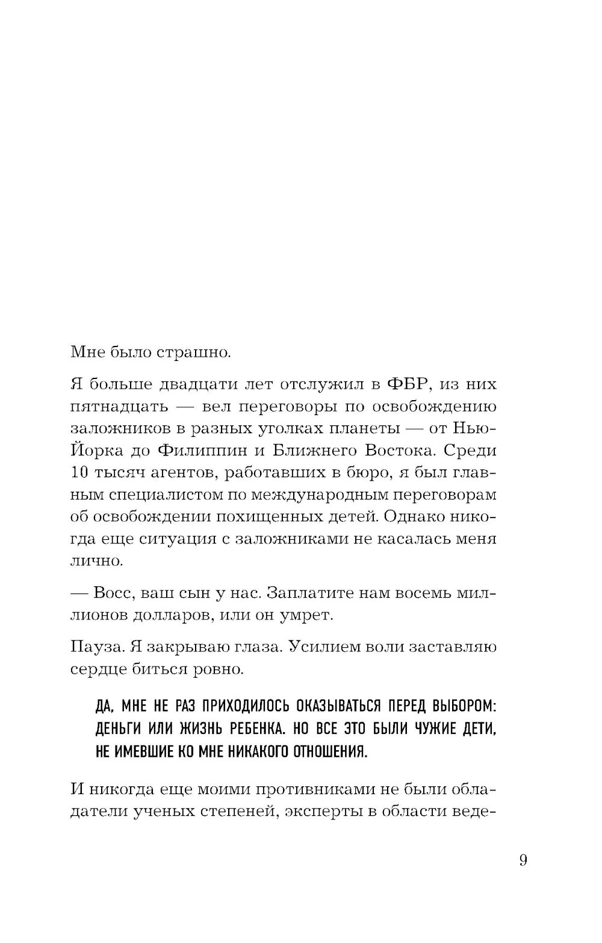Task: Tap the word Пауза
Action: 96,647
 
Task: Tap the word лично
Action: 96,561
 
